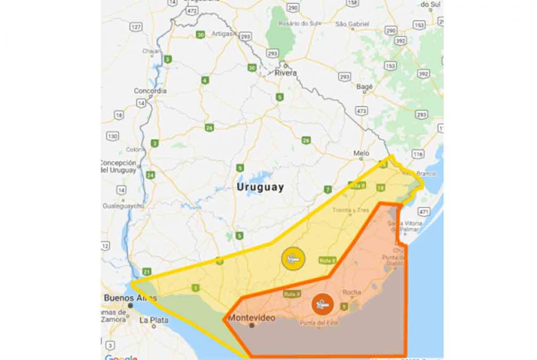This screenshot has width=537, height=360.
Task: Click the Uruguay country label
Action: pyautogui.click(x=260, y=188)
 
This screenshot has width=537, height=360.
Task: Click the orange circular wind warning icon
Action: pyautogui.click(x=322, y=305)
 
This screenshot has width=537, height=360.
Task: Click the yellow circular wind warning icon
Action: pyautogui.click(x=293, y=259)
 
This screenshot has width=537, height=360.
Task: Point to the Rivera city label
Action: pyautogui.click(x=285, y=73)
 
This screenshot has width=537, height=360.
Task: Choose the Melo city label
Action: pyautogui.click(x=361, y=154)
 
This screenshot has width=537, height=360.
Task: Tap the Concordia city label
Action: pyautogui.click(x=150, y=91)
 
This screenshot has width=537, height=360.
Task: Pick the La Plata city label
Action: pyautogui.click(x=154, y=321)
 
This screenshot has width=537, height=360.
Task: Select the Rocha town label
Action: pyautogui.click(x=352, y=292)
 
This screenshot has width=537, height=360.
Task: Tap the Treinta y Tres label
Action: pyautogui.click(x=351, y=210)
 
